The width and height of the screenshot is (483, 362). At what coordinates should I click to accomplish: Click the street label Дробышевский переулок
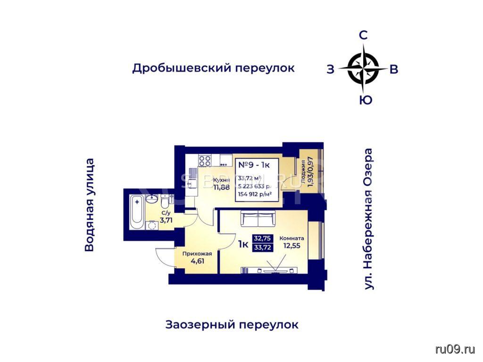pos(213,68)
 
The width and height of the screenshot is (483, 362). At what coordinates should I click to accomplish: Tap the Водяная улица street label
pos(89,205)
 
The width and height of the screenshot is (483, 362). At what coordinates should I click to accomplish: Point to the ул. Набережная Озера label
pos(369,219)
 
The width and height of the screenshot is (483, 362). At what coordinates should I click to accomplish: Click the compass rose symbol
pos(363,69)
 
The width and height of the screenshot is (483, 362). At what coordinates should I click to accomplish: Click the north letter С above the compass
pos(364,36)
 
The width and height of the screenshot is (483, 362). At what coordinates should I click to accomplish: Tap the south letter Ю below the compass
pos(366,100)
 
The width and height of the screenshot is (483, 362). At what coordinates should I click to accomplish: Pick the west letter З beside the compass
pos(331,69)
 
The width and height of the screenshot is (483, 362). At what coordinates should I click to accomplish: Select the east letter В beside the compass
pos(394,69)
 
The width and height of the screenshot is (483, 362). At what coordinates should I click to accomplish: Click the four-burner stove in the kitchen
pos(205,160)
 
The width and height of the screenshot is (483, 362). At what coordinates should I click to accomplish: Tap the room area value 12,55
pos(291,246)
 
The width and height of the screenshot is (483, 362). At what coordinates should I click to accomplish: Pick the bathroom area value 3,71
pos(166,220)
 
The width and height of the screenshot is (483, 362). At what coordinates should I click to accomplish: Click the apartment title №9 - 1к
pos(254,165)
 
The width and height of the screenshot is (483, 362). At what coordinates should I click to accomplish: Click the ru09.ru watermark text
pos(455,349)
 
